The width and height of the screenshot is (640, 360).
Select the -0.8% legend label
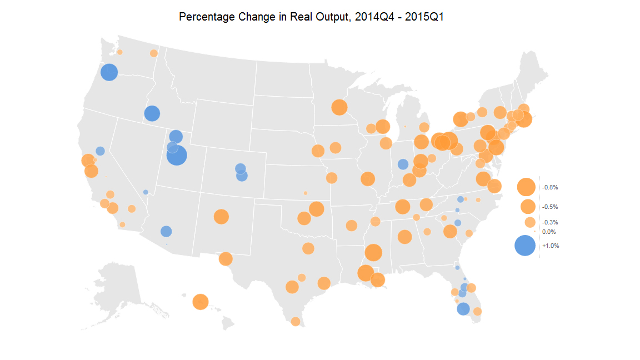pyautogui.click(x=550, y=188)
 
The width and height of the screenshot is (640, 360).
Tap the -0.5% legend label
pyautogui.click(x=550, y=207)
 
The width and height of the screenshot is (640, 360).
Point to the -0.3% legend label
pyautogui.click(x=550, y=222)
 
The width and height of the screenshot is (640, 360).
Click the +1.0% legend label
pyautogui.click(x=551, y=246)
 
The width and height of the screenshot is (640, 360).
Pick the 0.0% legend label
pyautogui.click(x=549, y=232)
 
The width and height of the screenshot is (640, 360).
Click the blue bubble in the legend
pyautogui.click(x=525, y=246)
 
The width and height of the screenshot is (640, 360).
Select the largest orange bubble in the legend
pyautogui.click(x=526, y=187)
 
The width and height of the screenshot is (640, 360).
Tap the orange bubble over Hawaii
pyautogui.click(x=200, y=302)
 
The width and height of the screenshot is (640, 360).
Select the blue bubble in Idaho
pyautogui.click(x=152, y=113)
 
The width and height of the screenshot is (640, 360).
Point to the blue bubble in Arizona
pyautogui.click(x=166, y=231)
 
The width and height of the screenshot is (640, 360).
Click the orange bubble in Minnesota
pyautogui.click(x=339, y=107)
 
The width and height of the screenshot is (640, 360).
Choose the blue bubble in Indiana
pyautogui.click(x=403, y=164)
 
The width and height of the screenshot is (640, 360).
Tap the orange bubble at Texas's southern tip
pyautogui.click(x=296, y=322)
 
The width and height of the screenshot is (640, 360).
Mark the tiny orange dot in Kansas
pyautogui.click(x=306, y=193)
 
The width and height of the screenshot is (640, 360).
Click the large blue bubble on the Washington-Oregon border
pyautogui.click(x=109, y=72)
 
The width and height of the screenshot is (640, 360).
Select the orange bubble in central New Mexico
pyautogui.click(x=221, y=217)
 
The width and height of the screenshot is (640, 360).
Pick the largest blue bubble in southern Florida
pyautogui.click(x=463, y=309)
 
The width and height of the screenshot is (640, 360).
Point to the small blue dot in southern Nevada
pyautogui.click(x=146, y=192)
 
